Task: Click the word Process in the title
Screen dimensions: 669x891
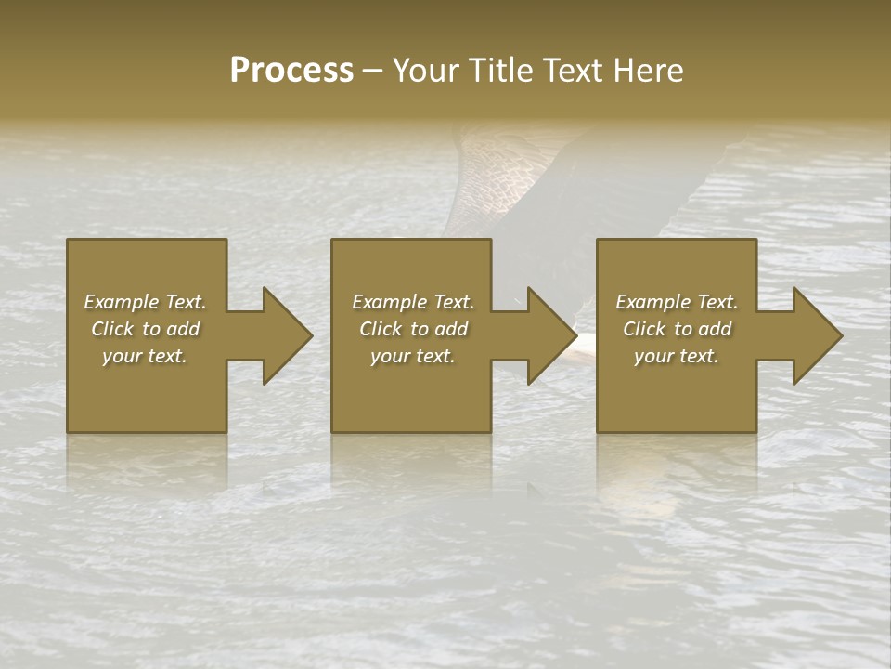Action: (x=291, y=70)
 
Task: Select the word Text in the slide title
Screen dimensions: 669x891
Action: (x=572, y=70)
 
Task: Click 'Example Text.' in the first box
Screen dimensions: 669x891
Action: (x=145, y=302)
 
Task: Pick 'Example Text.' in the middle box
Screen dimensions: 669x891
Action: (x=413, y=302)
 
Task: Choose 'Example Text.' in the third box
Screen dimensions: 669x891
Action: (x=677, y=302)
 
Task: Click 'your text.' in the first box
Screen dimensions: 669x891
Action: (x=145, y=356)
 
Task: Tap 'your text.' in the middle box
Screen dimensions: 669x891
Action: (x=413, y=356)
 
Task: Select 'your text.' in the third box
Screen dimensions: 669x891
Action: (x=677, y=356)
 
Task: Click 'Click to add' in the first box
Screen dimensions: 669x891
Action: (x=145, y=329)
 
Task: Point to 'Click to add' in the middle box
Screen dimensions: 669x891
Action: (x=413, y=329)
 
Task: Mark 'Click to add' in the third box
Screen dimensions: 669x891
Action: (x=677, y=329)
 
